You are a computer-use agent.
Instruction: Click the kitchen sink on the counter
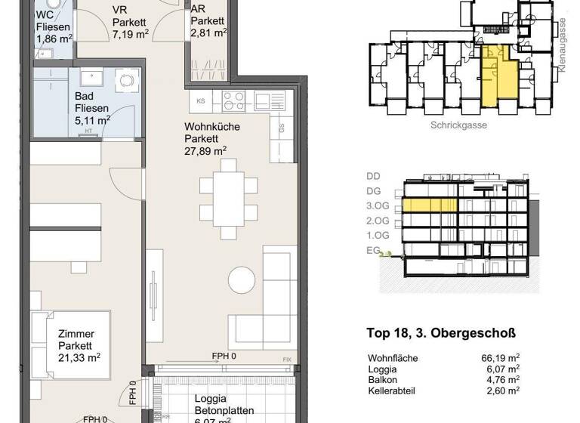point(267,100)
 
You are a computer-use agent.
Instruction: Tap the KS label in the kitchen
point(201,100)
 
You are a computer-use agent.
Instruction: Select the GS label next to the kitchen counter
point(281,128)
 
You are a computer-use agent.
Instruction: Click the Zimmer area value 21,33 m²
point(79,357)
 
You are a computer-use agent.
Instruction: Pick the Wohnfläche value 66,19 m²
point(504,357)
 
